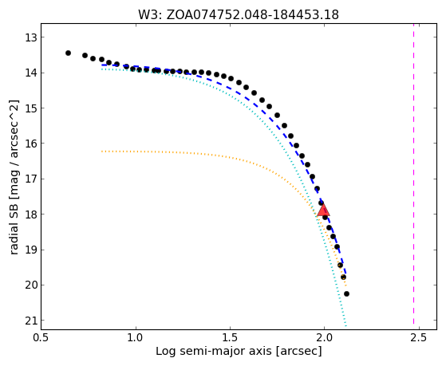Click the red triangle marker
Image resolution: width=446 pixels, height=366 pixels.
click(x=323, y=210)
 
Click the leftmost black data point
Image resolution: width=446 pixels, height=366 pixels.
click(x=68, y=53)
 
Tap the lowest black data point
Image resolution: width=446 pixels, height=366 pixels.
click(x=346, y=293)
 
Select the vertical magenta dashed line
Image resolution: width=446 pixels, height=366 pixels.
click(x=413, y=174)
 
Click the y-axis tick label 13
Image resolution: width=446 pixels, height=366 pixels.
click(x=31, y=37)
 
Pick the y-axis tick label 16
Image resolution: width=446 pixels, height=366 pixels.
click(x=31, y=144)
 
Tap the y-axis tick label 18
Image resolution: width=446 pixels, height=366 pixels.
click(x=31, y=214)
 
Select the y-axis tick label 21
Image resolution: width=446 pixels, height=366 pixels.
click(x=31, y=321)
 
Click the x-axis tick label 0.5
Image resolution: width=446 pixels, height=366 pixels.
click(x=41, y=337)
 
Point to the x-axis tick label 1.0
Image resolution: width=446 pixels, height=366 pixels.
click(x=136, y=337)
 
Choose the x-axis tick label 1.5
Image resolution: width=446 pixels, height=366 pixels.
click(x=230, y=337)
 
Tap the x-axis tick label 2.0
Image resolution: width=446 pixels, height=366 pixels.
click(x=324, y=337)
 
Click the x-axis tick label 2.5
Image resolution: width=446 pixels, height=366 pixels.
click(x=418, y=337)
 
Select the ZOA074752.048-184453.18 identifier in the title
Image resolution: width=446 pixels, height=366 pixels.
click(x=253, y=15)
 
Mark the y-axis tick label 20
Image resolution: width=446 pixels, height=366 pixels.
click(x=31, y=285)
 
